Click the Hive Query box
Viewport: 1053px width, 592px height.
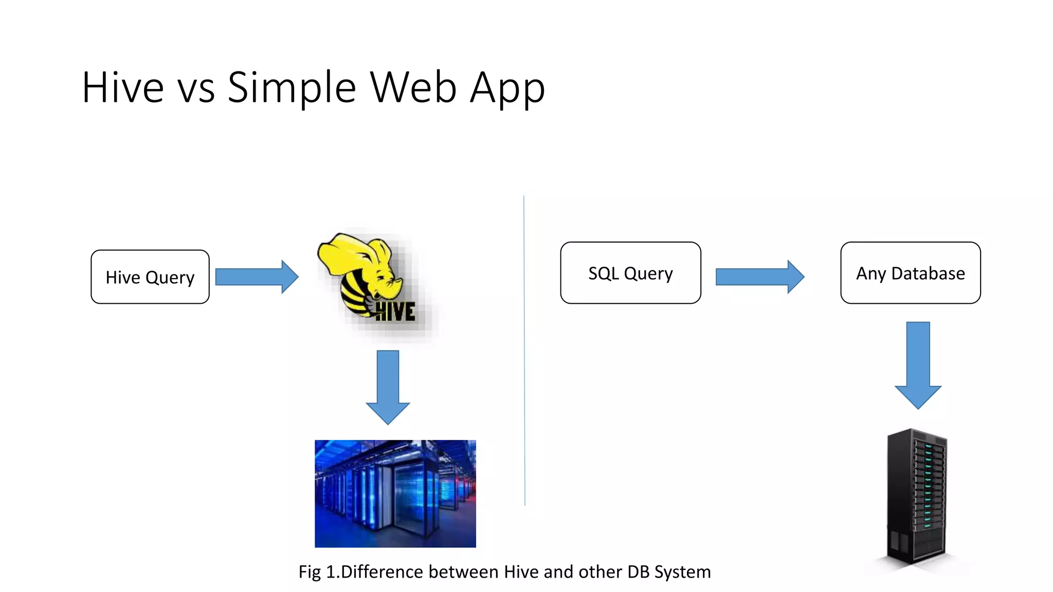150,277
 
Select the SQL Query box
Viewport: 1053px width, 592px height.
630,273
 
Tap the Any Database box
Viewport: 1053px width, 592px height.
910,273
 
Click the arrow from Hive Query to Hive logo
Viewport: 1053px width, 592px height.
256,277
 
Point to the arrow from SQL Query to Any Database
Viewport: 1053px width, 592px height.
759,277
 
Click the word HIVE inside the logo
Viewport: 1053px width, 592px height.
395,311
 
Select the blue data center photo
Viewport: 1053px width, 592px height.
395,493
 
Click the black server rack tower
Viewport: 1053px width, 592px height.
917,496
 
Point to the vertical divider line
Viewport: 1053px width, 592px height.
524,349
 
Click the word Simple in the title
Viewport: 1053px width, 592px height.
292,88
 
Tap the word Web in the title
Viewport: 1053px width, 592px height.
413,88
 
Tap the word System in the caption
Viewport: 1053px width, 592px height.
682,572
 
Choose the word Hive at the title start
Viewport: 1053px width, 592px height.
123,88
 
